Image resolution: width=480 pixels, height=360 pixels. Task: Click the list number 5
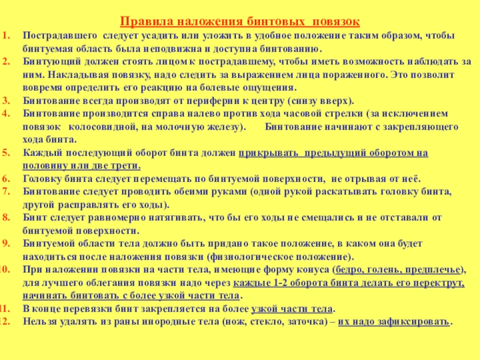(x=6, y=152)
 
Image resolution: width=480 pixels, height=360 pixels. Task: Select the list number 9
(x=6, y=243)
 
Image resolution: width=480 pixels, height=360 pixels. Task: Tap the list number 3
(x=6, y=100)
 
